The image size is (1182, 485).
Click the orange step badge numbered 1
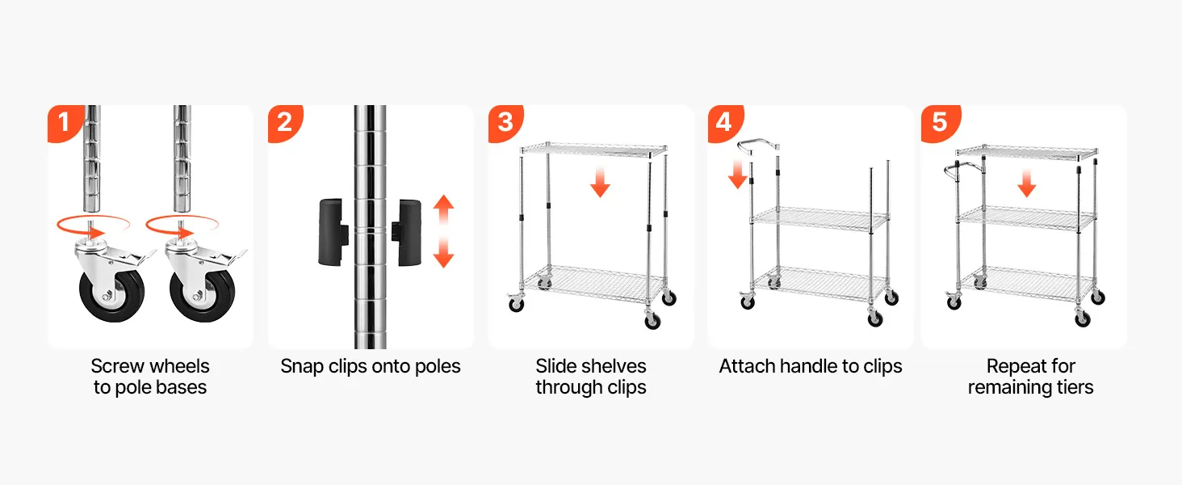point(65,123)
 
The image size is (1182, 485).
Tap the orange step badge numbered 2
point(285,123)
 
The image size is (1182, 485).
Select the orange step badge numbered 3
point(505,123)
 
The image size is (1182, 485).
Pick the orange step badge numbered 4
point(724,123)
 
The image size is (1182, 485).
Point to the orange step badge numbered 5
point(940,123)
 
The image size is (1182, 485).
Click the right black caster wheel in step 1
point(202,296)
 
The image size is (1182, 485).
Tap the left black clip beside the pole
point(333,231)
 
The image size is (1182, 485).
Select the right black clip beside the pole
point(407,231)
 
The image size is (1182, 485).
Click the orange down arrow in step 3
point(600,181)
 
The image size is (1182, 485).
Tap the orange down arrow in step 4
point(737,174)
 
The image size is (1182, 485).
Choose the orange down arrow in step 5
point(1026,183)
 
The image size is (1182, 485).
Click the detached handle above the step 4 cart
point(758,145)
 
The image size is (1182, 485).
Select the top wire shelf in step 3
point(593,150)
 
